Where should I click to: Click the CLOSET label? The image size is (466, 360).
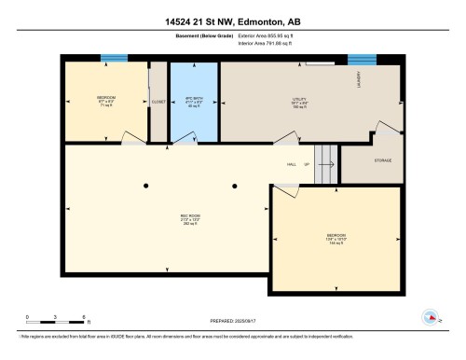158,103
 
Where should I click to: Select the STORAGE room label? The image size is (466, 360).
383,160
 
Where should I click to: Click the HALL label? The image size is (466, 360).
292,164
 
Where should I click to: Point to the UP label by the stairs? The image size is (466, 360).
306,164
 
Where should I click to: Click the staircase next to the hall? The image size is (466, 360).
325,164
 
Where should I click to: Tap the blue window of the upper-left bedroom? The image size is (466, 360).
114,59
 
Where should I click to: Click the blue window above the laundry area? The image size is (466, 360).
361,59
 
